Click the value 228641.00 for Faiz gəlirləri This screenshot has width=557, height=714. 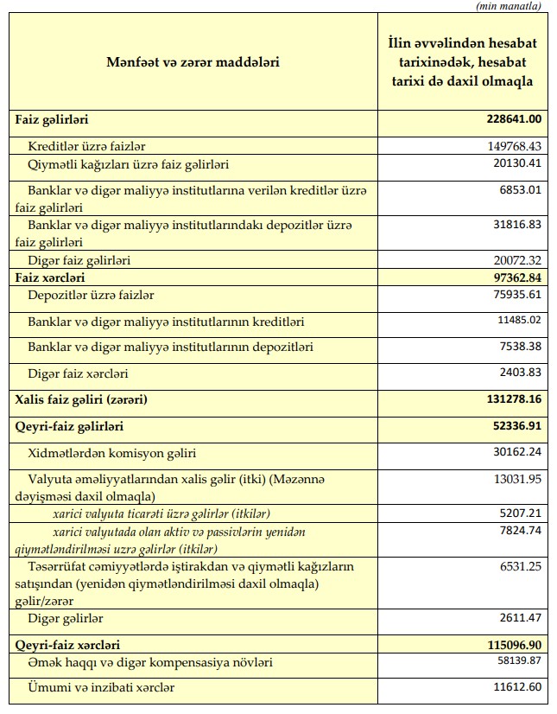point(511,119)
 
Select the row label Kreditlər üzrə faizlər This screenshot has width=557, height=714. point(92,146)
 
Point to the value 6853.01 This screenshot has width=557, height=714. point(518,190)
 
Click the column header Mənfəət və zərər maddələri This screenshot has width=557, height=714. point(193,61)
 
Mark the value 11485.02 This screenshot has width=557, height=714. point(516,321)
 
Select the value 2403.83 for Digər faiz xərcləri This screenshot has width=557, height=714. point(518,373)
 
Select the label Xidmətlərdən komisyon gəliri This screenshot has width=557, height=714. point(113,453)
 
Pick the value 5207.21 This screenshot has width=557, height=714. point(518,512)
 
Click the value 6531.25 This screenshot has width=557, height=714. point(518,565)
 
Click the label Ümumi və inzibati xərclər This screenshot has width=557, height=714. point(102,688)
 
